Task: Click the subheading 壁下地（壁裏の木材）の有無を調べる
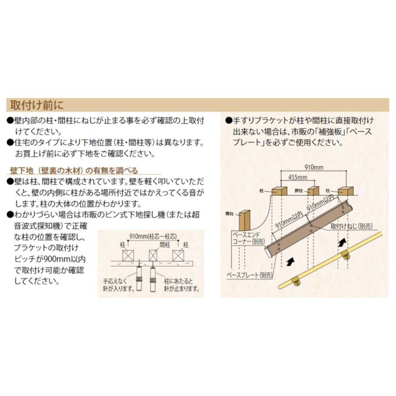click(74, 171)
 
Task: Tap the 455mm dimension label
click(297, 177)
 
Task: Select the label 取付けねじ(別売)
click(351, 226)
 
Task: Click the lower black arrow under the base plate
click(290, 263)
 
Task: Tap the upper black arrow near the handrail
click(341, 242)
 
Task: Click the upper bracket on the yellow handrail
click(346, 255)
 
